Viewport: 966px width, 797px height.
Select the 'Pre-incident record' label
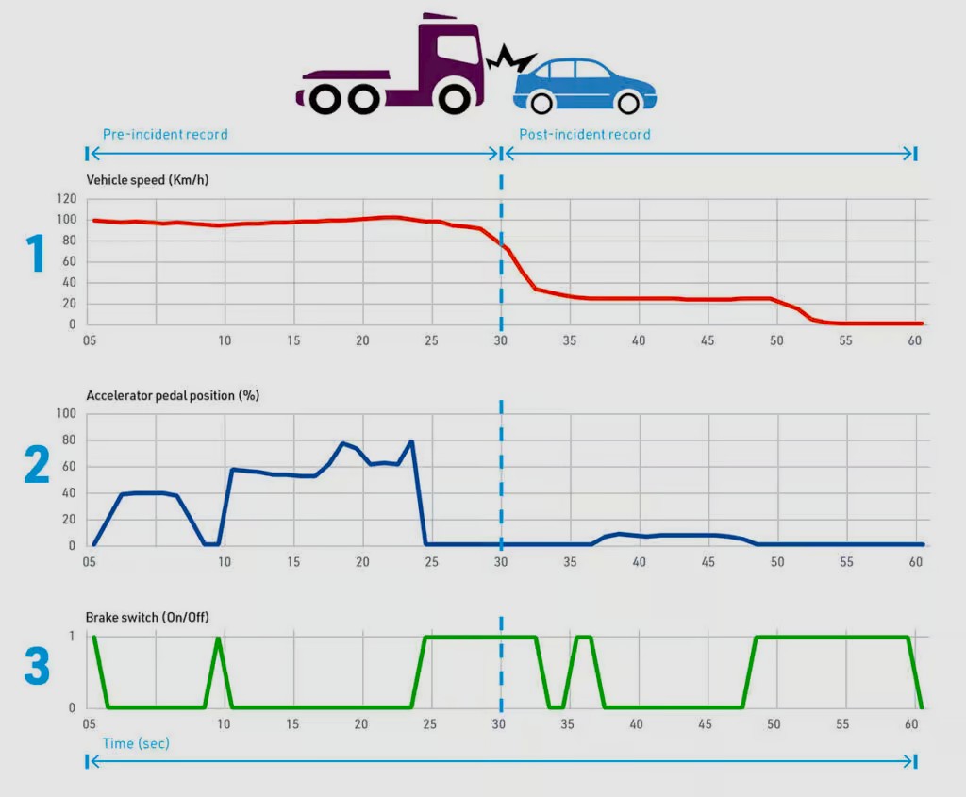pos(165,134)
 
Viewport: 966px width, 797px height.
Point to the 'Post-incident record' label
pos(585,134)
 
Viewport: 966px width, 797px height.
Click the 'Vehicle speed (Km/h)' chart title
pos(146,179)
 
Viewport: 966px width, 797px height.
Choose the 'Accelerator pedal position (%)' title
pos(173,395)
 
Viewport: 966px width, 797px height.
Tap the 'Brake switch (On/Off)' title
pos(147,617)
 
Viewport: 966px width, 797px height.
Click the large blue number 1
pos(36,254)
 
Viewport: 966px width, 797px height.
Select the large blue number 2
pos(36,465)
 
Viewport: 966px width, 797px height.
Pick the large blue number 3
pos(36,665)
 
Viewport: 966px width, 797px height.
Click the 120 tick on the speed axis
pos(66,199)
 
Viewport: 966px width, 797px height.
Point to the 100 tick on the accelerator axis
pos(66,413)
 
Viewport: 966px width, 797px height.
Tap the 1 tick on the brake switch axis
pos(72,637)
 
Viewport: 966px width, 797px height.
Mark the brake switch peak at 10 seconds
pos(219,639)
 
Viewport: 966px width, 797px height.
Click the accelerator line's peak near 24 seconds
pos(411,441)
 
